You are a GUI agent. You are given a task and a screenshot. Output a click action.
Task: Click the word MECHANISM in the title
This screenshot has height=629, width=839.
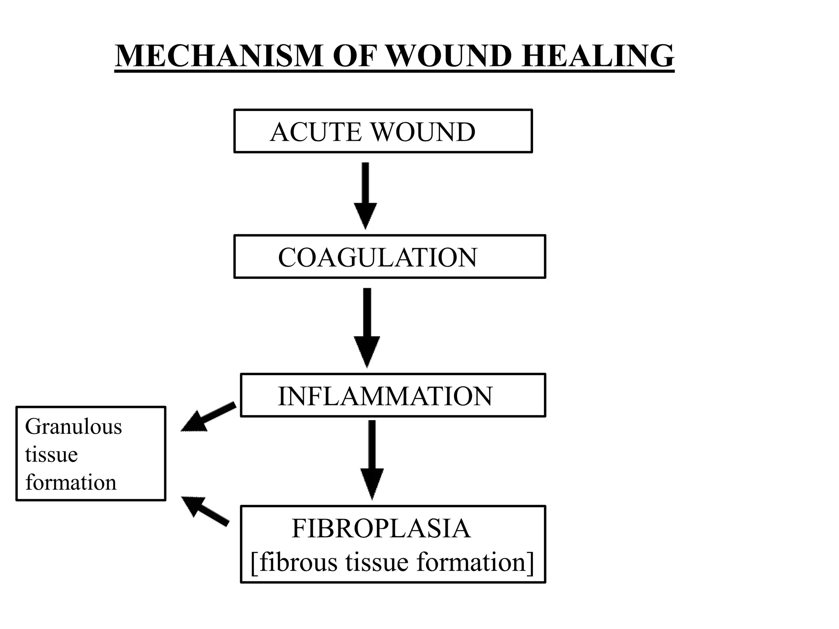(x=219, y=56)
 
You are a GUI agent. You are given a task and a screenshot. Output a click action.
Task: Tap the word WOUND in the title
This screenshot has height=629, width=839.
(x=449, y=56)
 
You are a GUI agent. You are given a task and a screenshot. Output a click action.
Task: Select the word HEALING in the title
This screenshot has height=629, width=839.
(x=598, y=56)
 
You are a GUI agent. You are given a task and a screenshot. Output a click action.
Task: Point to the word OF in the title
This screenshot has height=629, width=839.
(x=355, y=56)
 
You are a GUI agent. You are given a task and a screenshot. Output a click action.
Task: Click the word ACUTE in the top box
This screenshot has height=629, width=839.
(x=316, y=132)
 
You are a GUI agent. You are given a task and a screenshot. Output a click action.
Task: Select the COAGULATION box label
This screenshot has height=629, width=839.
(x=377, y=258)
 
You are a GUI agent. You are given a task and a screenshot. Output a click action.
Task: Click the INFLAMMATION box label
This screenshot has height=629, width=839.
(x=385, y=396)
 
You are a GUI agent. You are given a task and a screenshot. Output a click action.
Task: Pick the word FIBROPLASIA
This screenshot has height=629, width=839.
(x=381, y=529)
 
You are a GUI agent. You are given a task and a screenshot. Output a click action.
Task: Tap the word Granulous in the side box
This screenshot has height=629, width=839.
(x=73, y=427)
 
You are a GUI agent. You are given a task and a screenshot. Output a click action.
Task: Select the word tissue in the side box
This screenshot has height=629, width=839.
(x=51, y=455)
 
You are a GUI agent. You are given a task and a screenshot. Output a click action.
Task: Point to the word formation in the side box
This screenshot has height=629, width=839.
(x=70, y=482)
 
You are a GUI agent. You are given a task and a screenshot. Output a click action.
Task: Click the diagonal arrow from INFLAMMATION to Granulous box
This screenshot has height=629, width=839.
(x=209, y=417)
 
